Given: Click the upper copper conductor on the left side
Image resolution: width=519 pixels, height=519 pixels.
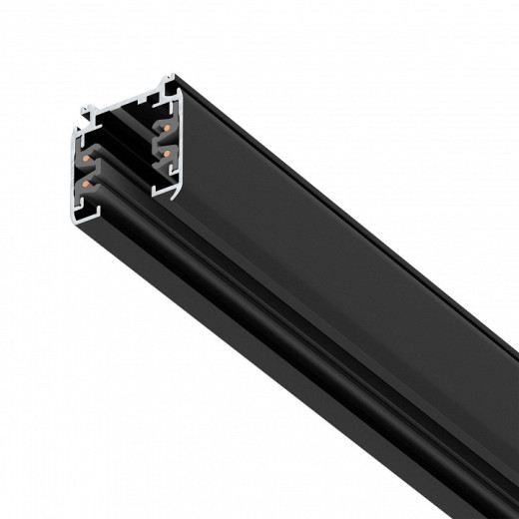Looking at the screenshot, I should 89,158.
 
